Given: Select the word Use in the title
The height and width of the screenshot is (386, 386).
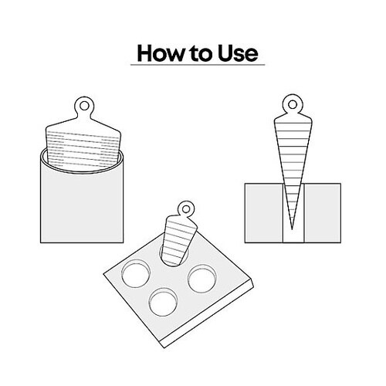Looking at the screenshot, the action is point(238,53).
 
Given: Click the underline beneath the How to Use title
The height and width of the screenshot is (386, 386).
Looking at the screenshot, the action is point(198,65).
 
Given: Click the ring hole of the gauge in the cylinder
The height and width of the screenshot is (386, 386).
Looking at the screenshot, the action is point(84,106).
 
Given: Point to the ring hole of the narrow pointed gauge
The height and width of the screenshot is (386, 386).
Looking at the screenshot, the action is point(293,104).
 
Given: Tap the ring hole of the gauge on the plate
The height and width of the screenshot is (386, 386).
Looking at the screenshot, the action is point(186,208).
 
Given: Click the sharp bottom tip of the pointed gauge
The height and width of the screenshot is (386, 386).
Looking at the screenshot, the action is point(292,229).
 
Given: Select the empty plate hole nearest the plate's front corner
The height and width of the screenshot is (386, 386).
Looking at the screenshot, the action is point(163,303).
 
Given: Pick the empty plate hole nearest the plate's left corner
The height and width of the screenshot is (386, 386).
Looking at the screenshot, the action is point(136,274).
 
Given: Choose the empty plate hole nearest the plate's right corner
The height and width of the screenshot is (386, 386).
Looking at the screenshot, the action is point(202,279).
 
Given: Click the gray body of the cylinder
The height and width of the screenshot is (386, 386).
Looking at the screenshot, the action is point(82,206).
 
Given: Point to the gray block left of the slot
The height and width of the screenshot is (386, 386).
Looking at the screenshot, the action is point(264,213).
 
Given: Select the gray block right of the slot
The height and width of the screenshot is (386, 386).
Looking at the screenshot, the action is point(323,213).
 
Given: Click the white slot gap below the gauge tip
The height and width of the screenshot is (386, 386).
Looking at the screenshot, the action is point(293,236).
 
